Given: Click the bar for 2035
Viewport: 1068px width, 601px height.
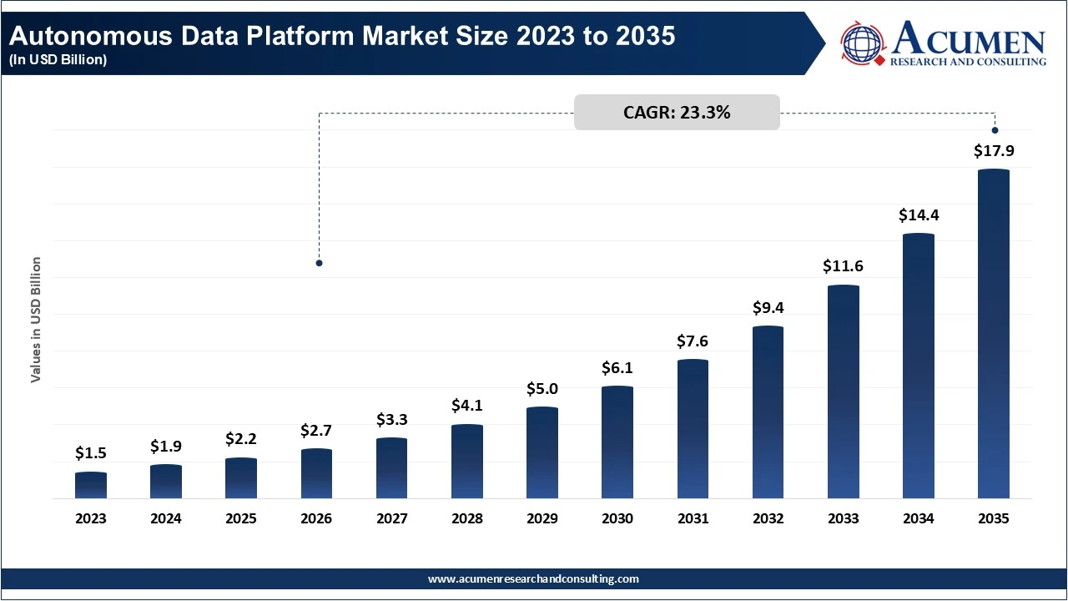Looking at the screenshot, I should pyautogui.click(x=993, y=334).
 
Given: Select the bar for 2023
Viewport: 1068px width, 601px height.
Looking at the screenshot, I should pyautogui.click(x=91, y=486).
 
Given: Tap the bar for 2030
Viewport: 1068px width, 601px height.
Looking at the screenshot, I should pyautogui.click(x=617, y=442).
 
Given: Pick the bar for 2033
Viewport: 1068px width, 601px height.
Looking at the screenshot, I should pyautogui.click(x=843, y=392).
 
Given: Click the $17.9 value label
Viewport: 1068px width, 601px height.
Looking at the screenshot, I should pyautogui.click(x=993, y=152).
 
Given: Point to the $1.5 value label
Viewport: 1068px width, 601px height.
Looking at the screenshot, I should pyautogui.click(x=91, y=453).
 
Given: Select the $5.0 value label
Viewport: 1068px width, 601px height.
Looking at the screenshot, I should pyautogui.click(x=542, y=388).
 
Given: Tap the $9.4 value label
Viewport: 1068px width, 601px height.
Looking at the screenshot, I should pyautogui.click(x=768, y=307).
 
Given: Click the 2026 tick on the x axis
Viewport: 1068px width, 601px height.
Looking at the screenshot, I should pyautogui.click(x=316, y=518).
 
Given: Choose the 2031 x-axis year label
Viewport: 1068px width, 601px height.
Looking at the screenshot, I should pyautogui.click(x=693, y=518).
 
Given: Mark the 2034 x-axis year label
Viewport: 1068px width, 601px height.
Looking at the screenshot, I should pyautogui.click(x=918, y=518).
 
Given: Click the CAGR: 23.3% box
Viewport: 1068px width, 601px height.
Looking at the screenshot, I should pyautogui.click(x=677, y=113).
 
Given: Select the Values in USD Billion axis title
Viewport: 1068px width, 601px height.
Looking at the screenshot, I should pyautogui.click(x=36, y=321).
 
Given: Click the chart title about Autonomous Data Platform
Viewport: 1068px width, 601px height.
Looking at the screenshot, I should pyautogui.click(x=342, y=37).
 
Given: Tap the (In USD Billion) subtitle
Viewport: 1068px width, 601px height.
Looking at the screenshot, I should pyautogui.click(x=58, y=60).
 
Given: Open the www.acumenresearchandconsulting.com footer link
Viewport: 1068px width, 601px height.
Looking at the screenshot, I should pyautogui.click(x=533, y=578).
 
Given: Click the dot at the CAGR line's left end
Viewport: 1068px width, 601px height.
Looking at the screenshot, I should pyautogui.click(x=319, y=263).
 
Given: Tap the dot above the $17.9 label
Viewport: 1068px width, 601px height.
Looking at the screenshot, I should pyautogui.click(x=995, y=129).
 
